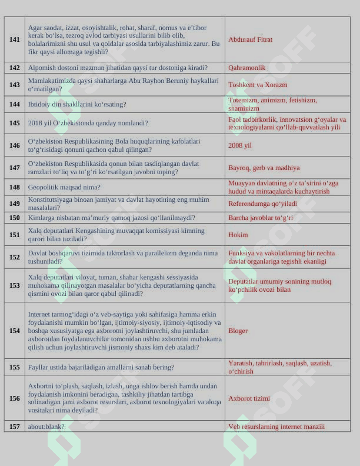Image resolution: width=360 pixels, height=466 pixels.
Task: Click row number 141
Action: tap(15, 39)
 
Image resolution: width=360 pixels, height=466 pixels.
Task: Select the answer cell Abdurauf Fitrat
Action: tap(250, 39)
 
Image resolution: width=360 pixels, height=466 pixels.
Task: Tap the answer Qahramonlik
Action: tap(246, 68)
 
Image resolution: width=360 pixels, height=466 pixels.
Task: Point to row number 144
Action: tap(15, 104)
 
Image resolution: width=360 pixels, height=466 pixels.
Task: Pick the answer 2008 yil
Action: tap(240, 145)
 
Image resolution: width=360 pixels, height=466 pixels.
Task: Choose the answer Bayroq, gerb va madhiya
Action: tap(264, 168)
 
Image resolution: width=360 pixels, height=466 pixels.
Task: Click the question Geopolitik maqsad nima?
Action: tap(64, 187)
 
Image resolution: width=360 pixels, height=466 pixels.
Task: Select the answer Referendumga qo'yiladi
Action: tap(262, 204)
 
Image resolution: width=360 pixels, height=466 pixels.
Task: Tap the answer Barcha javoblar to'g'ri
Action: tap(260, 218)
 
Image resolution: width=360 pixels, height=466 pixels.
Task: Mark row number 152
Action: tap(15, 257)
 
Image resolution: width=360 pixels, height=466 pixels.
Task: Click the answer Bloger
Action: tap(238, 331)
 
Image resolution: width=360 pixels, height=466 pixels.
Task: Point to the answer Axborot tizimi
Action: tap(249, 398)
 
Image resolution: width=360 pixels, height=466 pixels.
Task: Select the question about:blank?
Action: tap(46, 427)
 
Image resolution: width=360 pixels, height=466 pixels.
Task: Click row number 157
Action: tap(15, 427)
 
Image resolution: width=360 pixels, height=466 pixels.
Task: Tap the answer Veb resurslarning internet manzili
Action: tap(276, 427)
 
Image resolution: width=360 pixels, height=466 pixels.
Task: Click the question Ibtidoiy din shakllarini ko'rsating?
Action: tap(77, 104)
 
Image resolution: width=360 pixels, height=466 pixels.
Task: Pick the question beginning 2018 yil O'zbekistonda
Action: tap(88, 124)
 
